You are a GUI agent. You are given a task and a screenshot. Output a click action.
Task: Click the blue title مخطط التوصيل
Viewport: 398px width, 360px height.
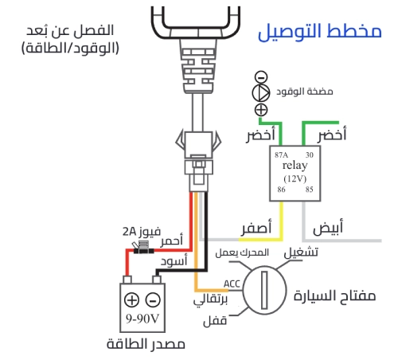click(319, 33)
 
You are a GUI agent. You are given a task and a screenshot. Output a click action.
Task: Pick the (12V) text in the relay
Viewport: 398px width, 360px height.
click(295, 179)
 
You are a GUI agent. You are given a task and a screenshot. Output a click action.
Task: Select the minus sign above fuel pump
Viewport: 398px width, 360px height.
click(260, 77)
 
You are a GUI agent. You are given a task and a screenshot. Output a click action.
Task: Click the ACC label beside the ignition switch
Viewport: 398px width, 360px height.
click(232, 284)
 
